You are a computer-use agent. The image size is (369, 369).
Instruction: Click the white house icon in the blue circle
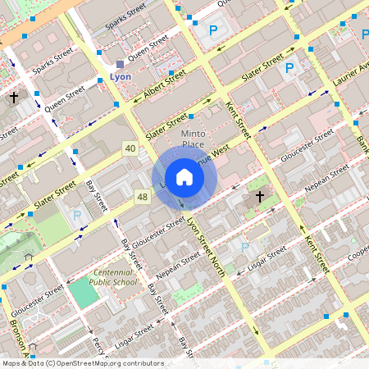click(x=184, y=177)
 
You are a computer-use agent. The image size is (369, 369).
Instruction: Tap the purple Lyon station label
click(x=120, y=76)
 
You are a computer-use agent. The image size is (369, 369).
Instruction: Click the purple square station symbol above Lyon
click(x=120, y=63)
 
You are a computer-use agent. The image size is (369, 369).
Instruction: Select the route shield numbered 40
click(x=130, y=148)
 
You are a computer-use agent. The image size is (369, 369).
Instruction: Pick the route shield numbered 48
click(x=143, y=197)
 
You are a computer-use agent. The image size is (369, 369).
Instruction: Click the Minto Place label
click(x=193, y=139)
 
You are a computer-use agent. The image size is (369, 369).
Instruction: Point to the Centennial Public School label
click(x=115, y=276)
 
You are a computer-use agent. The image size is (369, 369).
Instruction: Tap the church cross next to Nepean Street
click(x=260, y=197)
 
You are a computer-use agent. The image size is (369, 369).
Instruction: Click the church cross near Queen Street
click(x=13, y=98)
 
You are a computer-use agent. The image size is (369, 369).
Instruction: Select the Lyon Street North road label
click(x=205, y=246)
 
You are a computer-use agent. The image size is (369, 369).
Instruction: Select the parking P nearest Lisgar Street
click(x=244, y=246)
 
